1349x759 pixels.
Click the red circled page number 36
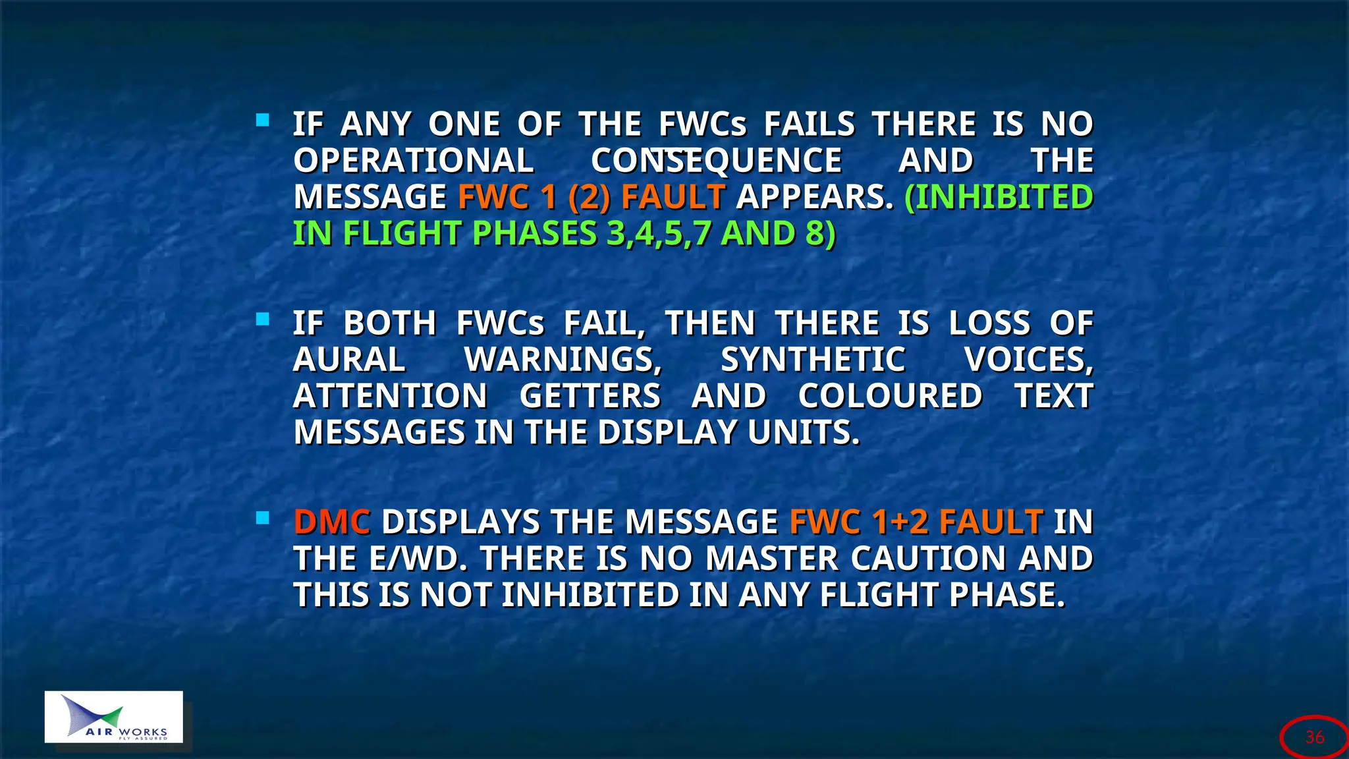pyautogui.click(x=1315, y=737)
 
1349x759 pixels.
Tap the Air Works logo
pyautogui.click(x=114, y=717)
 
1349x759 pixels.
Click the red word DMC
pyautogui.click(x=332, y=522)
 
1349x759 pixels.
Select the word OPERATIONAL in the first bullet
pyautogui.click(x=414, y=161)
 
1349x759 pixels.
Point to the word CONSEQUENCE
pyautogui.click(x=716, y=161)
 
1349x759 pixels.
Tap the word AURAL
pyautogui.click(x=349, y=360)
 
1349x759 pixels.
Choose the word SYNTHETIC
pyautogui.click(x=813, y=360)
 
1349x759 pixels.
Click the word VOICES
pyautogui.click(x=1028, y=360)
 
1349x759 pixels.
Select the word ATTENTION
pyautogui.click(x=390, y=397)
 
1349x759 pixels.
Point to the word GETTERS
pyautogui.click(x=590, y=397)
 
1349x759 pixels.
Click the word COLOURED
pyautogui.click(x=890, y=397)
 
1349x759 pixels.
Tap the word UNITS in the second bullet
pyautogui.click(x=804, y=433)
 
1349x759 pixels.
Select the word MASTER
pyautogui.click(x=771, y=559)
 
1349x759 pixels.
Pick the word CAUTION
pyautogui.click(x=928, y=559)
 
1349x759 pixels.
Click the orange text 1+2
pyautogui.click(x=900, y=522)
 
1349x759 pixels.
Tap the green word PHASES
pyautogui.click(x=534, y=234)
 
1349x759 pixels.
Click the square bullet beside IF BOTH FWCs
pyautogui.click(x=263, y=320)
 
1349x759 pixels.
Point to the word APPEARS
pyautogui.click(x=815, y=197)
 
